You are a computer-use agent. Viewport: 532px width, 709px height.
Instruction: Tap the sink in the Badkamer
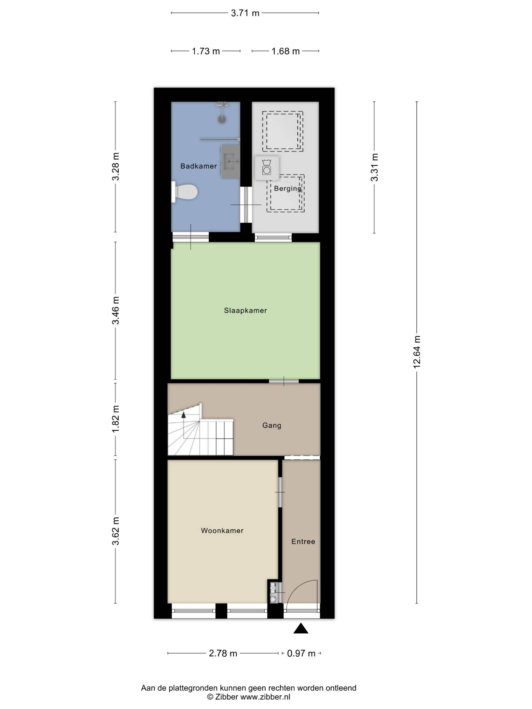pos(230,161)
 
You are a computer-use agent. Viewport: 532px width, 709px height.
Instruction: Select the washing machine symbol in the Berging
pos(267,168)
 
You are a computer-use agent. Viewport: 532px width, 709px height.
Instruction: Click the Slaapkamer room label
pos(245,310)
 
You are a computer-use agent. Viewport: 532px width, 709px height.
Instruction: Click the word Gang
pos(272,425)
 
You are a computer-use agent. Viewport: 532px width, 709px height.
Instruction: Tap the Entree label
pos(303,541)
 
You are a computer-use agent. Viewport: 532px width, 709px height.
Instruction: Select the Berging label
pos(288,189)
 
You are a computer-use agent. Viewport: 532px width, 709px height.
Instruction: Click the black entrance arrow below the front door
pos(301,628)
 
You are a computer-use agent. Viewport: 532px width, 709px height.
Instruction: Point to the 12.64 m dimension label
pos(416,352)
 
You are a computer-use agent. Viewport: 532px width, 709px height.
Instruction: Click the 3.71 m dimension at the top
pos(245,13)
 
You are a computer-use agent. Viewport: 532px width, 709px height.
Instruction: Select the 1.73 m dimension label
pos(206,51)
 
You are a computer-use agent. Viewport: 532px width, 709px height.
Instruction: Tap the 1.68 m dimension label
pos(285,51)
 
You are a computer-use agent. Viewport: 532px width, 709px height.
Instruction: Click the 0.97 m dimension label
pos(301,653)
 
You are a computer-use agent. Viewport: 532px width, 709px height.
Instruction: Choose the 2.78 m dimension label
pos(223,653)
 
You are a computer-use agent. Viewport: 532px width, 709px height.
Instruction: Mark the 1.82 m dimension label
pos(116,419)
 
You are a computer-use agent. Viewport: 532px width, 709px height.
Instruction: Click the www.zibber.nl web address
pos(265,697)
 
